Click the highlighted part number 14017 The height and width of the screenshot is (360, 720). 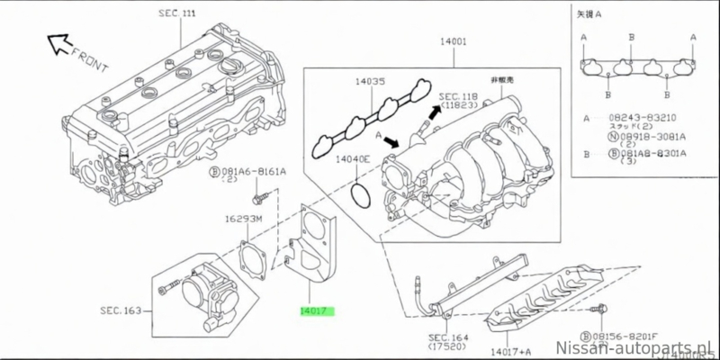(x=317, y=313)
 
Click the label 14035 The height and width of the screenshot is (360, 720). (x=369, y=81)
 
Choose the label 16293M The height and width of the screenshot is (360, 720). (x=243, y=219)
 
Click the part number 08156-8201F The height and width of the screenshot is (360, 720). (x=634, y=330)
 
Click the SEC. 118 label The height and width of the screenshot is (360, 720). (x=459, y=95)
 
